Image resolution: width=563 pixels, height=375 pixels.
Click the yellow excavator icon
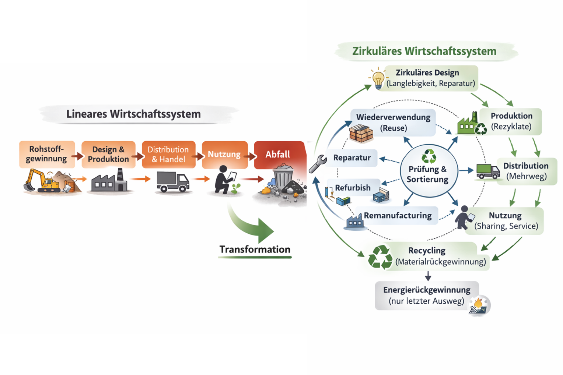coord(42,181)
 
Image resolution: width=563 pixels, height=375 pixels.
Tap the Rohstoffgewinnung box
coord(47,154)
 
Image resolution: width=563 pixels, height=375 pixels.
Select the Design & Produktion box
coord(108,155)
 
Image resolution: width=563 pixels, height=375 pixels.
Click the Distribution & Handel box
coord(168,155)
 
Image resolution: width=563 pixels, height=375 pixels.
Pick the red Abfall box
coord(279,155)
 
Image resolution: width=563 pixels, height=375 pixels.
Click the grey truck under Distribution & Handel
coord(173,182)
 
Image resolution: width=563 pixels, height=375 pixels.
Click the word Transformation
coord(255,250)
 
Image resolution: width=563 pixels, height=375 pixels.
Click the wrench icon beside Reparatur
coord(318,163)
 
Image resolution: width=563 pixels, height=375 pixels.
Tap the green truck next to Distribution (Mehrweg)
coord(488,171)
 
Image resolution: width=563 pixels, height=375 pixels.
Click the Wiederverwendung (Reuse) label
coord(393,123)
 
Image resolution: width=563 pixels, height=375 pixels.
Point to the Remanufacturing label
coord(398,216)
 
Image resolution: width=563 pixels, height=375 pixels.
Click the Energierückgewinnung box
coord(427,296)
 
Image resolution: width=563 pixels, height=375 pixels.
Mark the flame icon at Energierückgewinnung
coord(479,304)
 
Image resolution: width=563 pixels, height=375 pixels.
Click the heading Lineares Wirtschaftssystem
coord(133,114)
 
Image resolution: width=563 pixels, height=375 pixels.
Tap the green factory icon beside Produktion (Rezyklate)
coord(468,124)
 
